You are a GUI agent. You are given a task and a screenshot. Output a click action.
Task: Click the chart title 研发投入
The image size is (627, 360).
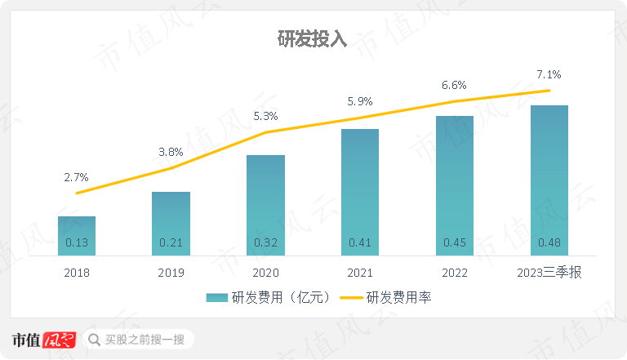tap(313, 40)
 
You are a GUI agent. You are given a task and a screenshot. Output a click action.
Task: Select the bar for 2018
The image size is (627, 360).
tap(77, 236)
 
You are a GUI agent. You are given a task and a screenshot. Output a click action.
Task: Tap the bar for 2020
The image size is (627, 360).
tap(265, 205)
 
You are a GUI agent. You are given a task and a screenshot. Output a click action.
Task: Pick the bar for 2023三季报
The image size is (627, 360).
tap(549, 180)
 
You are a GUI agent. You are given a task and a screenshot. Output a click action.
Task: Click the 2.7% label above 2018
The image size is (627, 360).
tap(76, 176)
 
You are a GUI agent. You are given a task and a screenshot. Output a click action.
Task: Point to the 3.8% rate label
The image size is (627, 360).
tap(171, 152)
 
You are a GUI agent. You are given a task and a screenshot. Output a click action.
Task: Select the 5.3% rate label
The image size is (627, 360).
tap(265, 116)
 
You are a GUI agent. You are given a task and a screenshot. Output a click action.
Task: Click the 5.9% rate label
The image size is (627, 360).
tap(360, 102)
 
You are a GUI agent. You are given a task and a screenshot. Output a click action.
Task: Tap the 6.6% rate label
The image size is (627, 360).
tap(455, 85)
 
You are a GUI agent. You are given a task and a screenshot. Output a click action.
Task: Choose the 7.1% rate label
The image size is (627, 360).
tap(549, 74)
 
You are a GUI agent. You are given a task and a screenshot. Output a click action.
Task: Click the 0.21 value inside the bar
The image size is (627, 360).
tap(171, 242)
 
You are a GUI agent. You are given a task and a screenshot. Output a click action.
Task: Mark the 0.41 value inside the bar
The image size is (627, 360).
tap(360, 242)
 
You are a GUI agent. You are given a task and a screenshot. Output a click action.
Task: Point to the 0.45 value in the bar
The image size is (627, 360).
tap(455, 242)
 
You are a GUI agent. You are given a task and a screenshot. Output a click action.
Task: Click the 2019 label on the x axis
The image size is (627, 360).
tap(171, 273)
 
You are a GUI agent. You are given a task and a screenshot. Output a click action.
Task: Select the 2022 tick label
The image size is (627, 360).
tap(455, 273)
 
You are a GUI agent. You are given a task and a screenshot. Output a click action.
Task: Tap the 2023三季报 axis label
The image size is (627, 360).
tap(549, 273)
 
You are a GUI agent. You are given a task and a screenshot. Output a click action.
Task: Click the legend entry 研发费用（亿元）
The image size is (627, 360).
tap(269, 298)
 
